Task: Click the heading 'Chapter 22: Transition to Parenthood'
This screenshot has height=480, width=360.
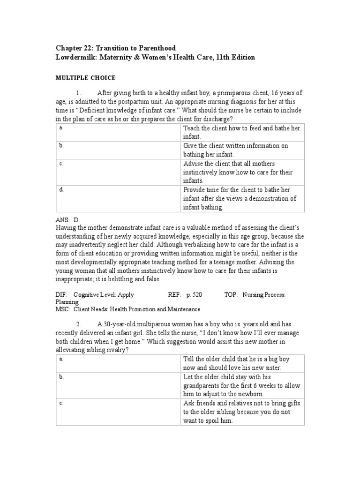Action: click(116, 48)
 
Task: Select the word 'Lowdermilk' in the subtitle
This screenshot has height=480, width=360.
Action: click(75, 57)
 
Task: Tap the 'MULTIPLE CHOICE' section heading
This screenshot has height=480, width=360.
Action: click(86, 78)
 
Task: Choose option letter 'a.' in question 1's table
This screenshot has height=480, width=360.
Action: click(61, 128)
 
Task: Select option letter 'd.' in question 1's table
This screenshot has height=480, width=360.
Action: click(61, 189)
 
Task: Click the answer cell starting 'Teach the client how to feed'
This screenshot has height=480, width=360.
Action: click(242, 132)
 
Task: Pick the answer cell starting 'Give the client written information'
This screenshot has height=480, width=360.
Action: click(242, 150)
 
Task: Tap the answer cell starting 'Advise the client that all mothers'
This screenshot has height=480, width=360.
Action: click(242, 172)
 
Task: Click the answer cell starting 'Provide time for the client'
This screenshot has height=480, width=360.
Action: click(242, 198)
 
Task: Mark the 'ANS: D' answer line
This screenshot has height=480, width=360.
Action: click(67, 219)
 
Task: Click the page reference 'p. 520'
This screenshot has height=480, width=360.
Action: click(195, 295)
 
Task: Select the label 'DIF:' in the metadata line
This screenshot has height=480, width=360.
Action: click(61, 295)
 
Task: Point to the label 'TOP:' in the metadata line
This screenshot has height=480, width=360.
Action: click(231, 295)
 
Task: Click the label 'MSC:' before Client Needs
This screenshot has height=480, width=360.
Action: click(62, 309)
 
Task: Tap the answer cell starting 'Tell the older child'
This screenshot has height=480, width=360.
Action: click(242, 363)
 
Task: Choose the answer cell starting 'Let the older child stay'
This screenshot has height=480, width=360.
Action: click(242, 385)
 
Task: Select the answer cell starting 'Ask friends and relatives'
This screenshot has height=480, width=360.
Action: click(242, 412)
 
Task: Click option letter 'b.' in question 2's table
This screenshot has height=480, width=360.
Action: click(61, 377)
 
